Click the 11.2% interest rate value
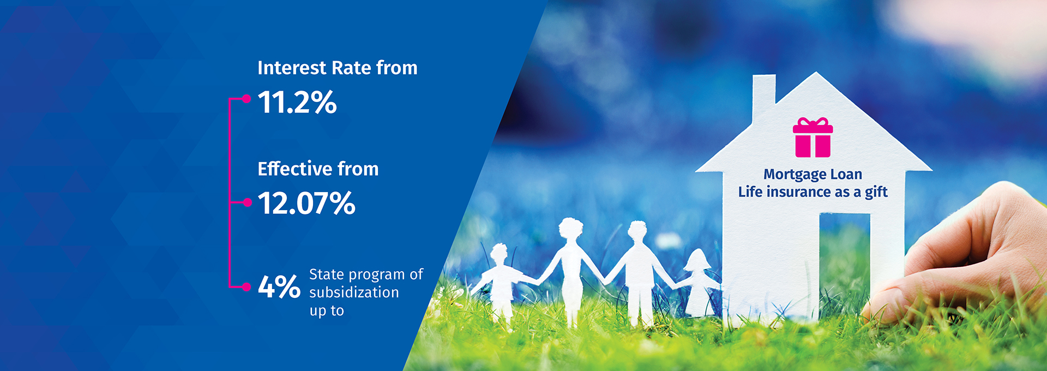(297, 102)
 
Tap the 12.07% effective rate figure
(306, 203)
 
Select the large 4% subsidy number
(279, 286)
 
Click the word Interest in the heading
(292, 68)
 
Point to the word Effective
(295, 169)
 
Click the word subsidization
(354, 292)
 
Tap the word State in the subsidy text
(327, 274)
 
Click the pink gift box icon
(813, 137)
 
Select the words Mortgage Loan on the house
(813, 174)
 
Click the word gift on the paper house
(876, 192)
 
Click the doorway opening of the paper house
(845, 262)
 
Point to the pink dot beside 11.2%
(246, 99)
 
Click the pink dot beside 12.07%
(247, 202)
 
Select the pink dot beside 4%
(247, 286)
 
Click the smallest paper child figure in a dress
(697, 283)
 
